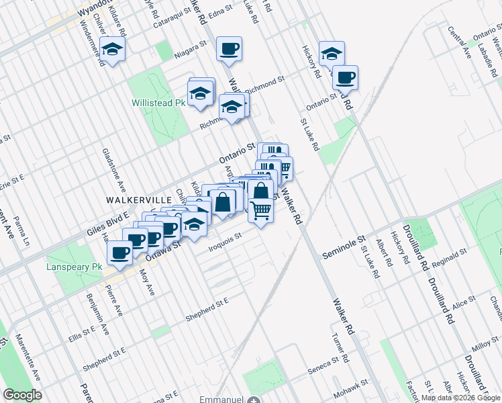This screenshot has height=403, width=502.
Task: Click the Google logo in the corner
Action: pyautogui.click(x=22, y=394)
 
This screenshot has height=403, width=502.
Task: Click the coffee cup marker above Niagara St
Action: pyautogui.click(x=230, y=49)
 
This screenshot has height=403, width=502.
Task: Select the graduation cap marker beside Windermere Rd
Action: pyautogui.click(x=113, y=49)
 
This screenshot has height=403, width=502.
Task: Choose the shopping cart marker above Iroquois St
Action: pyautogui.click(x=260, y=211)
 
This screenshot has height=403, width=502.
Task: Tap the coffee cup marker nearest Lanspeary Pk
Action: pyautogui.click(x=120, y=253)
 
